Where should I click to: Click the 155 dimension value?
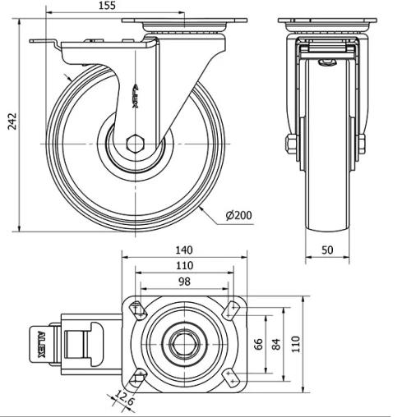tap(107, 6)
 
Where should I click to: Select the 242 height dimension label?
tap(12, 121)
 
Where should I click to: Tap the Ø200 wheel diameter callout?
tap(238, 215)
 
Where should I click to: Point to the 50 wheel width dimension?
tap(327, 250)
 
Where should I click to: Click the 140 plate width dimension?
tap(184, 250)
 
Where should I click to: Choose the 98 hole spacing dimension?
tap(184, 282)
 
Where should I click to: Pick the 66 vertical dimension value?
tap(258, 344)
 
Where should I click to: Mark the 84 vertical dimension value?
tap(276, 344)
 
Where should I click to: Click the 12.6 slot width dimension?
tap(124, 398)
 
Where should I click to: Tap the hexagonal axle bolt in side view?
tap(135, 144)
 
